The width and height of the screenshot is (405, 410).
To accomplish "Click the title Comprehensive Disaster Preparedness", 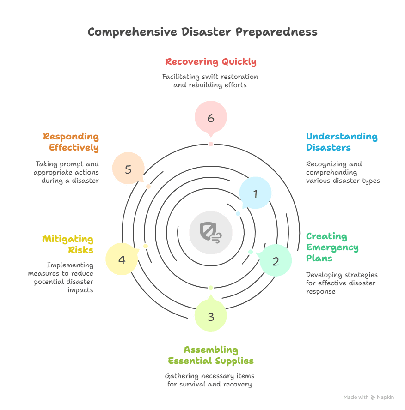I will pyautogui.click(x=202, y=32).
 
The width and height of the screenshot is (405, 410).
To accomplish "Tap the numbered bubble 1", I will pyautogui.click(x=255, y=193).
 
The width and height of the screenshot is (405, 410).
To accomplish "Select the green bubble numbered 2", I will pyautogui.click(x=276, y=261).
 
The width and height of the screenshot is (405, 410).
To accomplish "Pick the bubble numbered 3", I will pyautogui.click(x=211, y=316).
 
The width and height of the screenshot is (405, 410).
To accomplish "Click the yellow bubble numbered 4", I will pyautogui.click(x=122, y=259).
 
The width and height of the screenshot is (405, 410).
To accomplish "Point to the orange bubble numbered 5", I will pyautogui.click(x=129, y=169).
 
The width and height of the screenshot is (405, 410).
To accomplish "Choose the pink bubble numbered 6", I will pyautogui.click(x=211, y=118).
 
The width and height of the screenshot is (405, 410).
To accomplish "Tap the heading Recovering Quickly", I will pyautogui.click(x=210, y=62).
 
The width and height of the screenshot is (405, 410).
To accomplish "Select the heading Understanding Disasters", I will pyautogui.click(x=341, y=142).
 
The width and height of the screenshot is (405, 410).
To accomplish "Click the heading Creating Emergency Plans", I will pyautogui.click(x=332, y=247).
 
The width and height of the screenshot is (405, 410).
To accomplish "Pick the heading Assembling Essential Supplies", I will pyautogui.click(x=210, y=355).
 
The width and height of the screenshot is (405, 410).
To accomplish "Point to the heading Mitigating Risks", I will pyautogui.click(x=67, y=245).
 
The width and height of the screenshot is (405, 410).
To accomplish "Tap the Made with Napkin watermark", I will pyautogui.click(x=368, y=397).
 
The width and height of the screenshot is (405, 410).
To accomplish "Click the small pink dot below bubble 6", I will pyautogui.click(x=211, y=144).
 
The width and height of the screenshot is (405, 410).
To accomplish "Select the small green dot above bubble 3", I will pyautogui.click(x=211, y=288).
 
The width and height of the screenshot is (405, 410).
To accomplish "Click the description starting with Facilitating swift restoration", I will pyautogui.click(x=210, y=81).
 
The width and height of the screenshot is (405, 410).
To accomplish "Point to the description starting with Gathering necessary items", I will pyautogui.click(x=210, y=380).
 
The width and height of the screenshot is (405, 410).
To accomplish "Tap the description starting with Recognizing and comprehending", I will pyautogui.click(x=343, y=172).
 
